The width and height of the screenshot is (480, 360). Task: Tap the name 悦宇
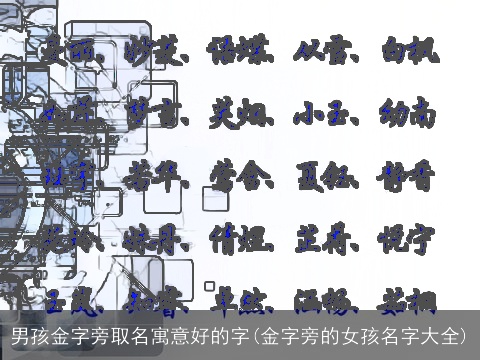point(406,240)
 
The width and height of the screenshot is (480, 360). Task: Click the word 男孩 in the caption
point(30,334)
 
